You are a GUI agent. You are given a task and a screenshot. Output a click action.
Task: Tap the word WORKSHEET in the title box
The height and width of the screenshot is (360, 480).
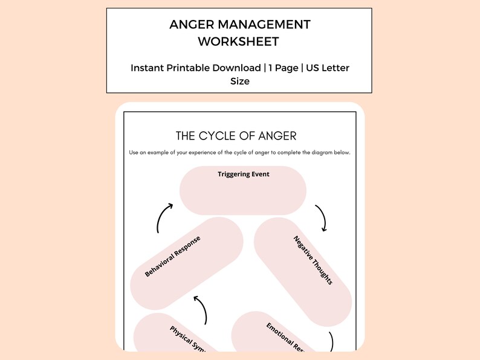pyautogui.click(x=239, y=42)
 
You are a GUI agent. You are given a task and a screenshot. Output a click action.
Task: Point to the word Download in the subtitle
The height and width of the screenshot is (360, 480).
pyautogui.click(x=236, y=68)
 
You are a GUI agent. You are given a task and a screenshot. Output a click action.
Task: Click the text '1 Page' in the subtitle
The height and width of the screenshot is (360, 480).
pyautogui.click(x=284, y=68)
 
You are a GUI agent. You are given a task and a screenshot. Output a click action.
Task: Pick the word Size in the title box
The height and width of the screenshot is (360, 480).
pyautogui.click(x=239, y=81)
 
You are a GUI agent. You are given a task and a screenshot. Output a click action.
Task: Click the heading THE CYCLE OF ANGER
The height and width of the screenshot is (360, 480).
pyautogui.click(x=236, y=135)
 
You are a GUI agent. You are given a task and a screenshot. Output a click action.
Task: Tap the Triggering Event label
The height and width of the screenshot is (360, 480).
pyautogui.click(x=243, y=174)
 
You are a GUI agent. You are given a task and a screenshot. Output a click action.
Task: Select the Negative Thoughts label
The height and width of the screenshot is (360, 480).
pyautogui.click(x=313, y=260)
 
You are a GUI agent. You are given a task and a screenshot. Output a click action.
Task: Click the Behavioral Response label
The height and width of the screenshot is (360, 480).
pyautogui.click(x=172, y=256)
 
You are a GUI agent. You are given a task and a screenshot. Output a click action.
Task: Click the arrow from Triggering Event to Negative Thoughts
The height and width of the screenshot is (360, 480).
pyautogui.click(x=322, y=218)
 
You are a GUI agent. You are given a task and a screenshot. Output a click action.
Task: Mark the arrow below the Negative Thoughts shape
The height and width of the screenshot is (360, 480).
pyautogui.click(x=331, y=341)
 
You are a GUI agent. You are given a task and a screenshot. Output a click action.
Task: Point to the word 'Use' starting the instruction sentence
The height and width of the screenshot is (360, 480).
pyautogui.click(x=134, y=152)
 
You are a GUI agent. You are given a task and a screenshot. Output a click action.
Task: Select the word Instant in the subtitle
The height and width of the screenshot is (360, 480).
pyautogui.click(x=149, y=68)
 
